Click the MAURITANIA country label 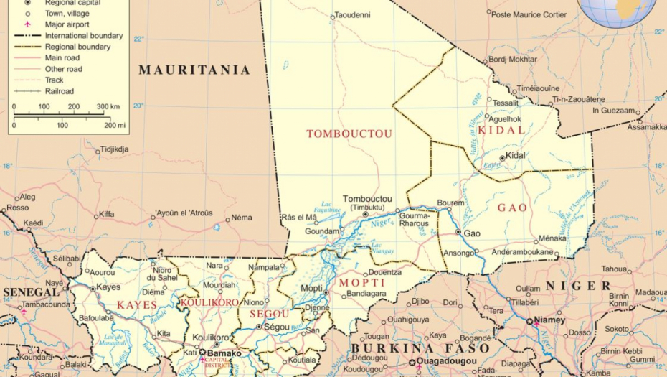click(x=194, y=70)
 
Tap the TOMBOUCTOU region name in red click(x=349, y=134)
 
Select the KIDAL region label click(x=501, y=130)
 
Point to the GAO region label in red click(x=512, y=208)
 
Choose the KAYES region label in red click(x=136, y=305)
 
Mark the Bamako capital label click(x=224, y=353)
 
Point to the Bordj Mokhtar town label click(x=512, y=60)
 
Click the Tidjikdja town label click(x=114, y=149)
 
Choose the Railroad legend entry click(x=60, y=91)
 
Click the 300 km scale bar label click(x=108, y=106)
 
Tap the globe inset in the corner click(x=617, y=11)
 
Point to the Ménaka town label click(x=552, y=238)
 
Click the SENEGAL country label click(x=31, y=292)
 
